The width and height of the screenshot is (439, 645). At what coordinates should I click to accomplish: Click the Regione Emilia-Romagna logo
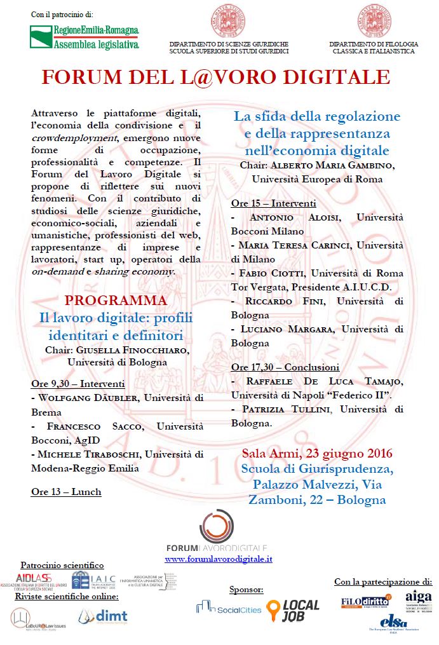84,37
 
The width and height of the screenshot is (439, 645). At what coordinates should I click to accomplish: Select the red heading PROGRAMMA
116,300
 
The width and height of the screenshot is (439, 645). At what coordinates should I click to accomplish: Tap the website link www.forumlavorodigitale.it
219,559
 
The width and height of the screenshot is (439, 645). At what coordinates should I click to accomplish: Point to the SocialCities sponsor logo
229,609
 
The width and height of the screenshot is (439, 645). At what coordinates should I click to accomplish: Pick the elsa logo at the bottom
396,621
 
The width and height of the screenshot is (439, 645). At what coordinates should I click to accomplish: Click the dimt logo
103,615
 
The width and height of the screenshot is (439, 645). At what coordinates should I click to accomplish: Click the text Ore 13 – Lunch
66,491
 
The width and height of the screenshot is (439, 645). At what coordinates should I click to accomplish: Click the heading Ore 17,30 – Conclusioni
285,367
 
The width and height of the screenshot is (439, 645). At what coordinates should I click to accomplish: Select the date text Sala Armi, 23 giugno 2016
317,454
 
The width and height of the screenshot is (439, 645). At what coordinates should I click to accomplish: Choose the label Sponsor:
246,589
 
